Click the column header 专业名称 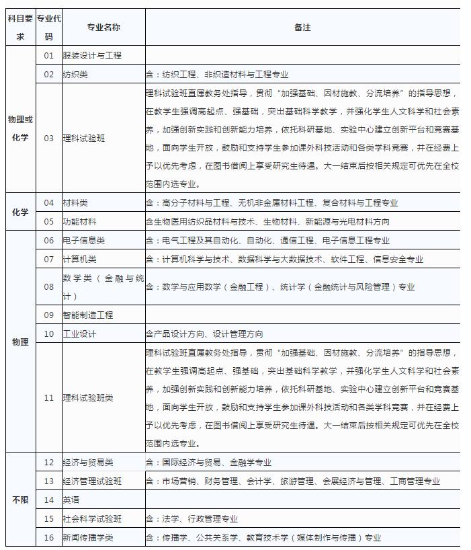[103, 28]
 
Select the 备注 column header [302, 28]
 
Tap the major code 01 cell [48, 56]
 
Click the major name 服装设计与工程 [92, 56]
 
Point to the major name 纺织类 [75, 75]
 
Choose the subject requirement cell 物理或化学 [20, 129]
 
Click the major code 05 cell [48, 221]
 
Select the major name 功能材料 [79, 221]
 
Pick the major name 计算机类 [79, 259]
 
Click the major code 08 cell [48, 287]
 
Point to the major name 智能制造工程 [88, 315]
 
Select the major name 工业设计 [79, 333]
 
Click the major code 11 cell [48, 397]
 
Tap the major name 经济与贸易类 [88, 463]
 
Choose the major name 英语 [71, 500]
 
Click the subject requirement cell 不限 [20, 500]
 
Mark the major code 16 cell [48, 537]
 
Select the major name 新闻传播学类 [88, 537]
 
